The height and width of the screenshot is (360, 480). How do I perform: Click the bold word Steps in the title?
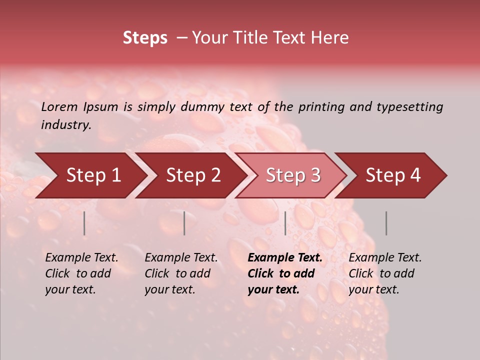145,38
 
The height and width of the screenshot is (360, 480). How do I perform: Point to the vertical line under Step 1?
84,223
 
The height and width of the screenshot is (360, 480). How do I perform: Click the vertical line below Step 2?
184,223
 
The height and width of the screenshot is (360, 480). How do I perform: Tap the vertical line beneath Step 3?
285,223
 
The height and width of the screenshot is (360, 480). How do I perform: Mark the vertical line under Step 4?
386,223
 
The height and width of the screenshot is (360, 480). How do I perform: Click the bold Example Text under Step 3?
285,258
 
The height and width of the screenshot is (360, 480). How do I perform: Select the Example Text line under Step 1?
81,258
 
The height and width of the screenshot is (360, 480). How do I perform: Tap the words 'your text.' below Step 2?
169,290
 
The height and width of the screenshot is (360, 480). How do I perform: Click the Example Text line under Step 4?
385,258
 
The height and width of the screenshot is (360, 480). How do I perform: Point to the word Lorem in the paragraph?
59,106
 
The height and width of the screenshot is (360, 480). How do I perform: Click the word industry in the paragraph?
66,125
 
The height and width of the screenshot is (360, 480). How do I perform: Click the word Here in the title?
332,38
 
